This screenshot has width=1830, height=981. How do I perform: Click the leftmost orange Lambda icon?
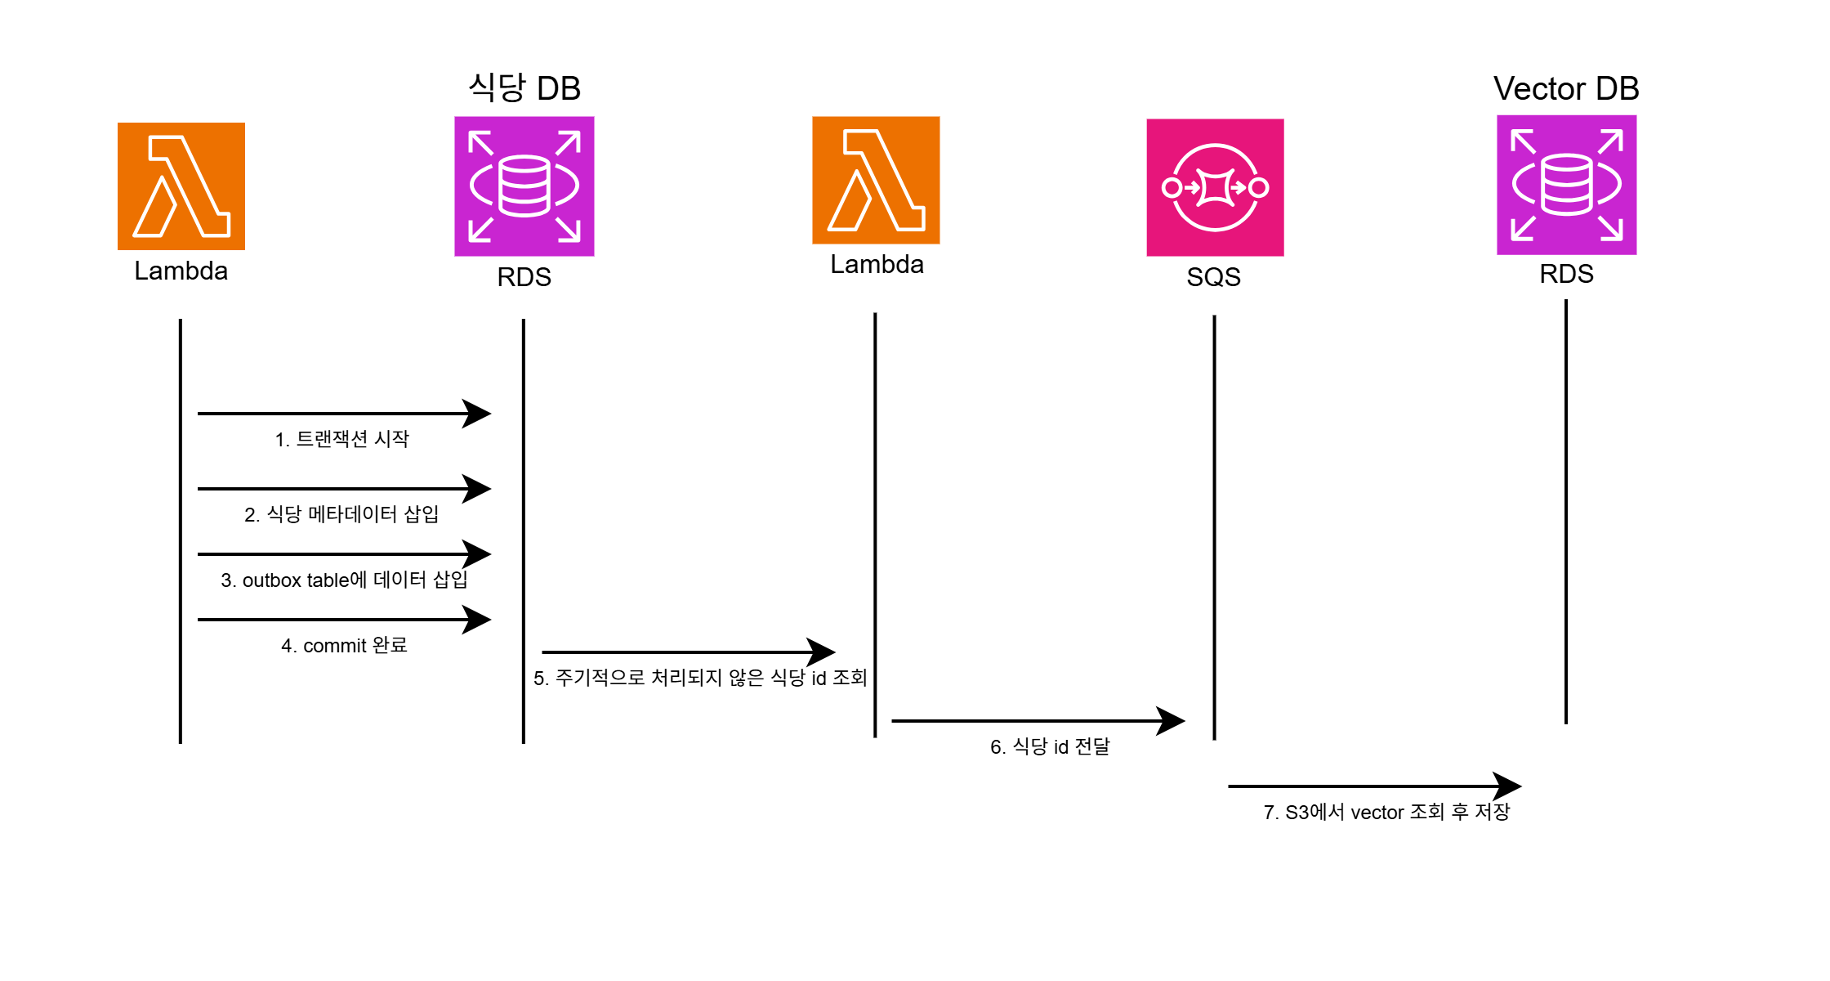tap(181, 186)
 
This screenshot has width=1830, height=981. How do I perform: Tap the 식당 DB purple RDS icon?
tap(524, 186)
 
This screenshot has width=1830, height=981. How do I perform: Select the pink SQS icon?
tap(1215, 187)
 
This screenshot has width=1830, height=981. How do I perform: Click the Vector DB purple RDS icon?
tap(1566, 185)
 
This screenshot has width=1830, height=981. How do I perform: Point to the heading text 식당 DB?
tap(524, 87)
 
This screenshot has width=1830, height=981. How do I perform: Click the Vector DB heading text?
tap(1566, 88)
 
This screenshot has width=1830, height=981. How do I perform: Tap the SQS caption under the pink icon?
tap(1213, 277)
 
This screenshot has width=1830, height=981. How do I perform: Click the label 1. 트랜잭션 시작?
tap(341, 439)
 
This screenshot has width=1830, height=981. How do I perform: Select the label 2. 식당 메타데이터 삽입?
tap(341, 514)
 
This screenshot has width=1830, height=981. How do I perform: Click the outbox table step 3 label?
tap(344, 580)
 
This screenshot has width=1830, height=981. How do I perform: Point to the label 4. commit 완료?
tap(344, 645)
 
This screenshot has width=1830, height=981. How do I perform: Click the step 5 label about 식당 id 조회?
tap(700, 678)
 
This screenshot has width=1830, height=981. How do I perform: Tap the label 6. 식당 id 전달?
tap(1050, 746)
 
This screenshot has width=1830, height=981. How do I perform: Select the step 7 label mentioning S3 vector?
tap(1386, 812)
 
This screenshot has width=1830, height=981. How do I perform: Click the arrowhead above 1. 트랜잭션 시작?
tap(477, 414)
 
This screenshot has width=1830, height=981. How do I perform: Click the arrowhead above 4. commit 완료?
tap(477, 620)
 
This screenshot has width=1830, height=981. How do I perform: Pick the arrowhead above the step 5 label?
tap(821, 652)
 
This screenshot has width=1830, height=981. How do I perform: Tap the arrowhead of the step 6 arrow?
tap(1171, 721)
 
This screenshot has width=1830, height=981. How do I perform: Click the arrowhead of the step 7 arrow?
tap(1507, 786)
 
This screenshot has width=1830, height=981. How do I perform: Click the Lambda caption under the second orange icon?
tap(877, 264)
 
